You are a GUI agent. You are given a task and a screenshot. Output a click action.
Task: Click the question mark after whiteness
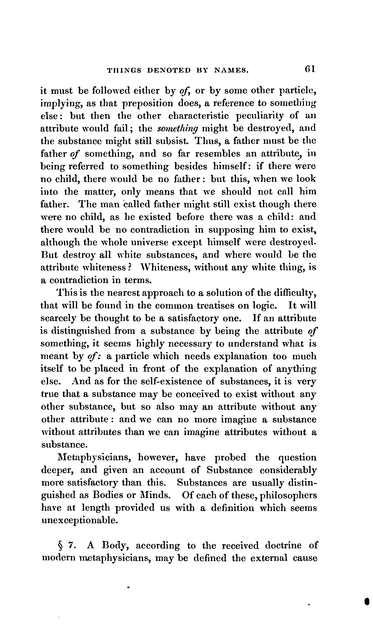point(130,267)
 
